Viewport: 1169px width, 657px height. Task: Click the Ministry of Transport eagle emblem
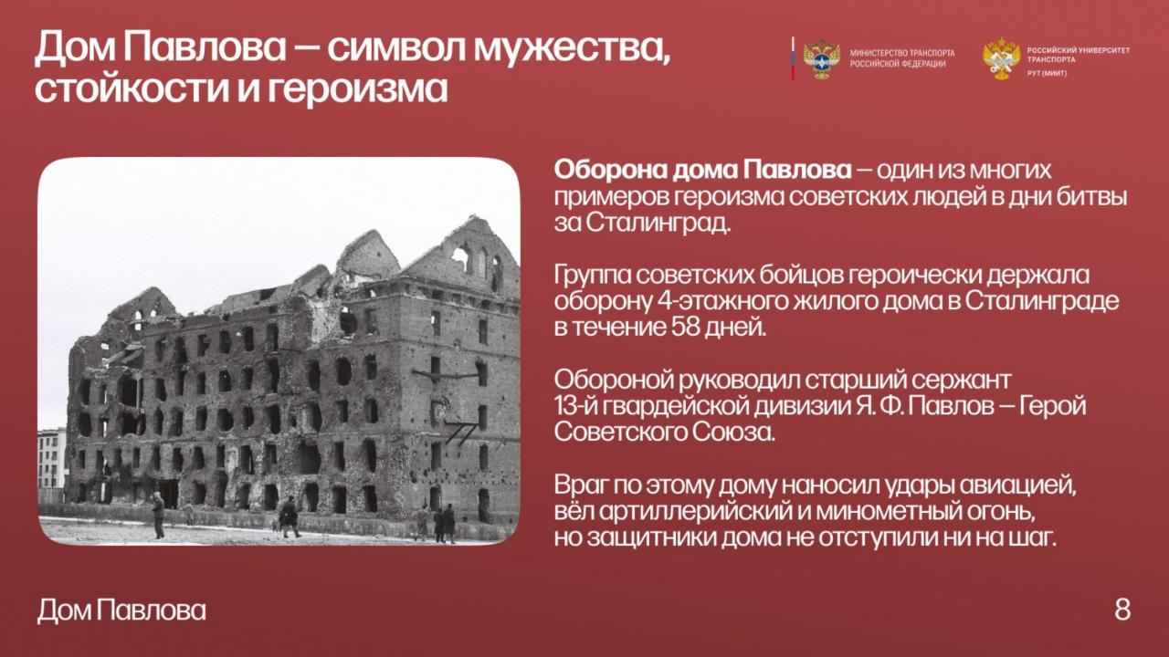(821, 59)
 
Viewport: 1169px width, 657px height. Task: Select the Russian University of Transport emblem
(1002, 58)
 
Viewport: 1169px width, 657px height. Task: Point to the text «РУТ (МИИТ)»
(1047, 74)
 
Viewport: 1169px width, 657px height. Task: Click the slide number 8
(1122, 610)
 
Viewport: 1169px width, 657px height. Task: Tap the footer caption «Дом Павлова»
(121, 610)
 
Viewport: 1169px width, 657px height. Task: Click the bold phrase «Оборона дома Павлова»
(702, 171)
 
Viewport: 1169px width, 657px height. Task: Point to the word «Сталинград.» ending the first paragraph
(657, 224)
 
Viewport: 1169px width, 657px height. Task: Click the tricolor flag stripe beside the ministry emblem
(793, 58)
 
